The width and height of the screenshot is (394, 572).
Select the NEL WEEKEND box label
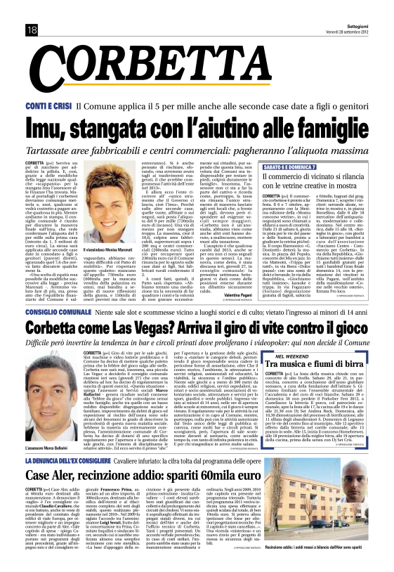click(307, 357)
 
